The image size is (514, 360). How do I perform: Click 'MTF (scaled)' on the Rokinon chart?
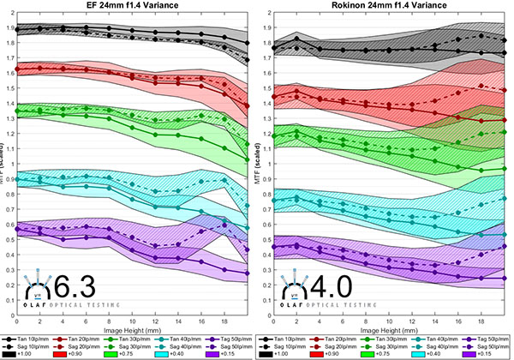[x=260, y=163]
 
